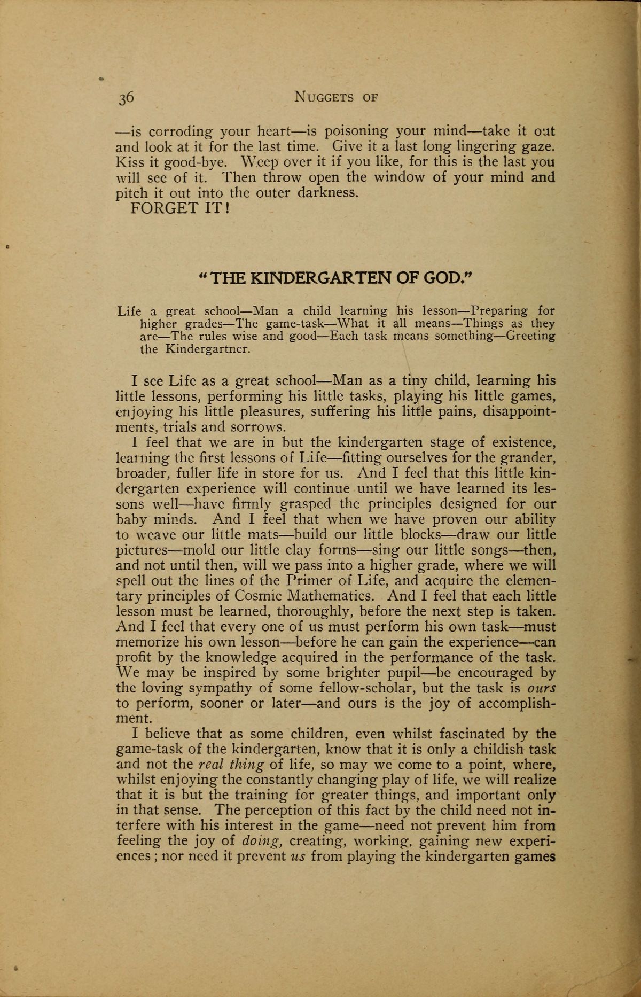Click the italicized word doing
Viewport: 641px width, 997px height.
[x=262, y=841]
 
